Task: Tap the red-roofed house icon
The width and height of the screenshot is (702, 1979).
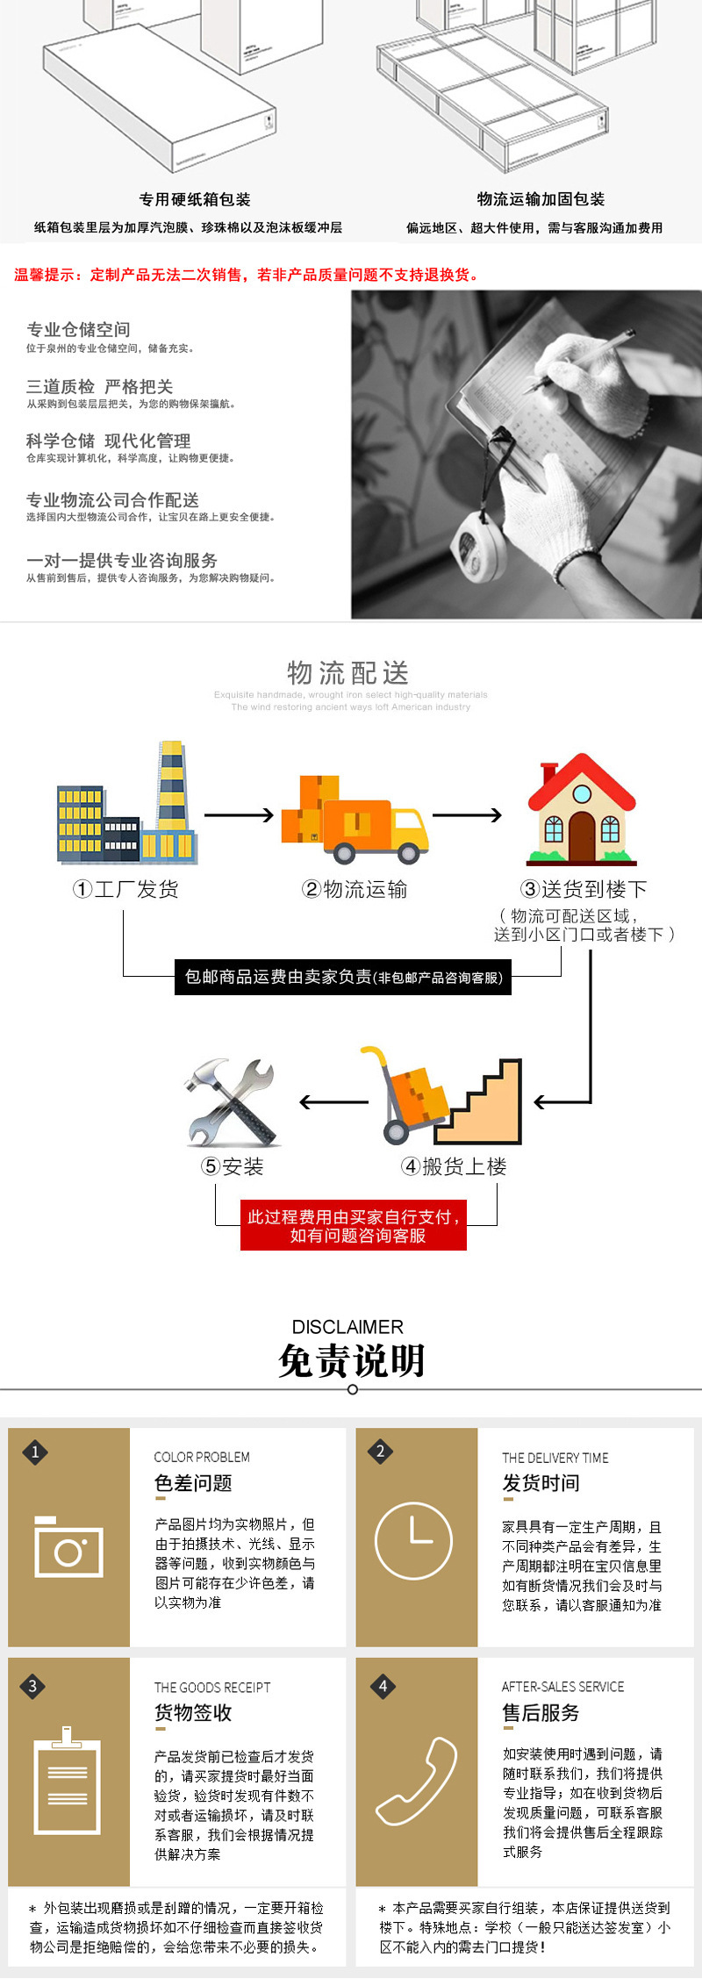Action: point(581,809)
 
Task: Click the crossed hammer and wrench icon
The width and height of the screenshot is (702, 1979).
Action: point(231,1102)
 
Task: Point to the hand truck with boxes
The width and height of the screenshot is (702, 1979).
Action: point(412,1097)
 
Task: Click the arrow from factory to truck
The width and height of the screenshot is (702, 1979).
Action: point(239,815)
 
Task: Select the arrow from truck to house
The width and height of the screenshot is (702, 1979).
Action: point(467,815)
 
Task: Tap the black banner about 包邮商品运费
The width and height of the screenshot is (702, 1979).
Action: point(343,977)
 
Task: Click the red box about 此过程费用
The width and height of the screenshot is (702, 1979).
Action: point(354,1226)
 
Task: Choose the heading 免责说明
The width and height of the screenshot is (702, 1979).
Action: point(351,1361)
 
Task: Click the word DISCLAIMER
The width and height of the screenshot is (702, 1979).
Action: point(347,1327)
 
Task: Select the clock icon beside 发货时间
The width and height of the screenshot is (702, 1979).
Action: point(414,1541)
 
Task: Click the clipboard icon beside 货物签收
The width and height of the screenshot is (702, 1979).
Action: point(67,1782)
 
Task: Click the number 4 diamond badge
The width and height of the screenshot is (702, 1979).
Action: point(383,1686)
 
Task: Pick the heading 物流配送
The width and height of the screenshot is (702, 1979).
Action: point(348,673)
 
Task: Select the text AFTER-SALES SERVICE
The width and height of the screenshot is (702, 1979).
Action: point(562,1687)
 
